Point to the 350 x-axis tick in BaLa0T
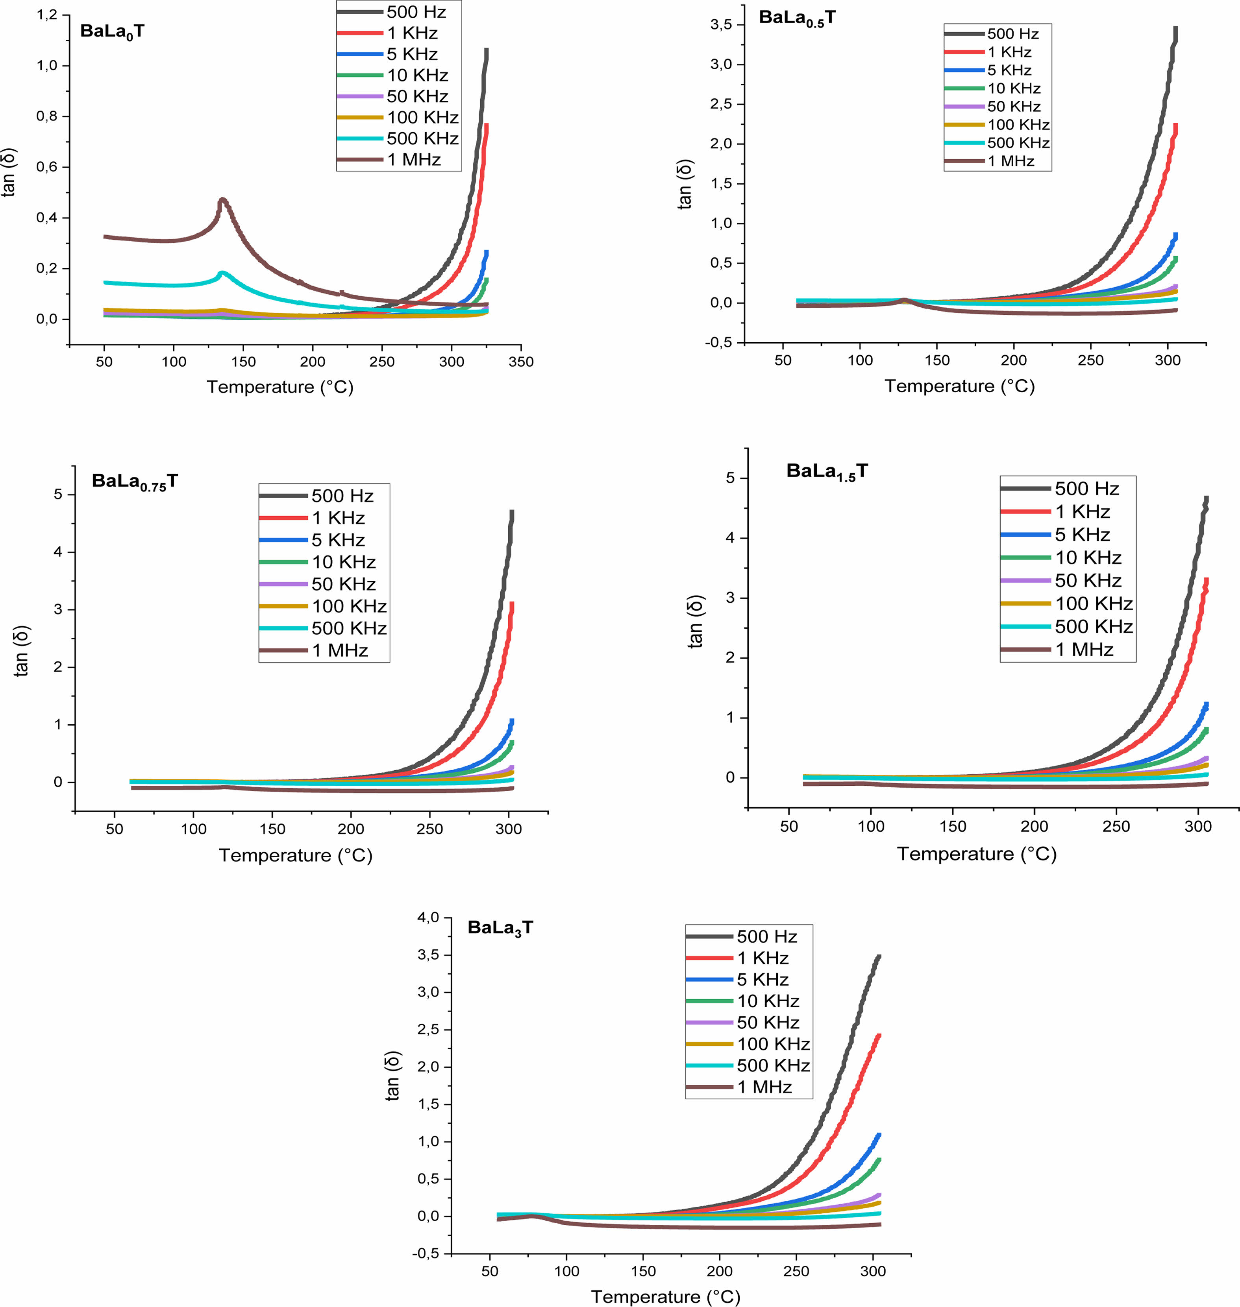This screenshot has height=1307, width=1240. click(521, 362)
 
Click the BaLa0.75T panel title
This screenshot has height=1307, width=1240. click(135, 482)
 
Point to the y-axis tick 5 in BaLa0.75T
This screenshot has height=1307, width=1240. click(59, 494)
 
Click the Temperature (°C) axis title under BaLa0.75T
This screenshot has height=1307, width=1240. click(296, 856)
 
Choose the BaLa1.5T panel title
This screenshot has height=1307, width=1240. click(826, 472)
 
